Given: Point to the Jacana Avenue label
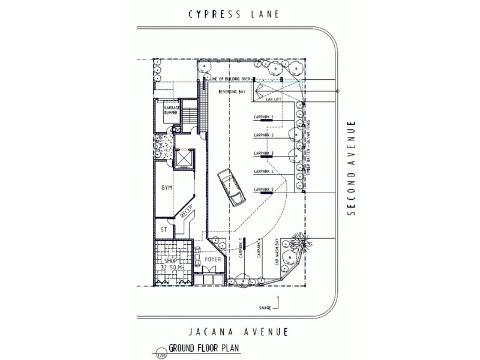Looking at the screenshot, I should click(x=239, y=331).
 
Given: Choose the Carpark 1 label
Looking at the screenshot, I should click(x=264, y=117).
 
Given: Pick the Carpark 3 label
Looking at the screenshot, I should click(x=264, y=154).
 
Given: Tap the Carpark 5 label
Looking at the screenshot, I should click(x=264, y=190).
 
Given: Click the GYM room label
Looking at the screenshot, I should click(x=167, y=188).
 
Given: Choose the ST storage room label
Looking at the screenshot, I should click(x=163, y=229).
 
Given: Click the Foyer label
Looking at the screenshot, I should click(x=213, y=260).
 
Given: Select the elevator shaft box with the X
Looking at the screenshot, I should click(x=183, y=158).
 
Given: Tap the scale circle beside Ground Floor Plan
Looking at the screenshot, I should click(x=161, y=353).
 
